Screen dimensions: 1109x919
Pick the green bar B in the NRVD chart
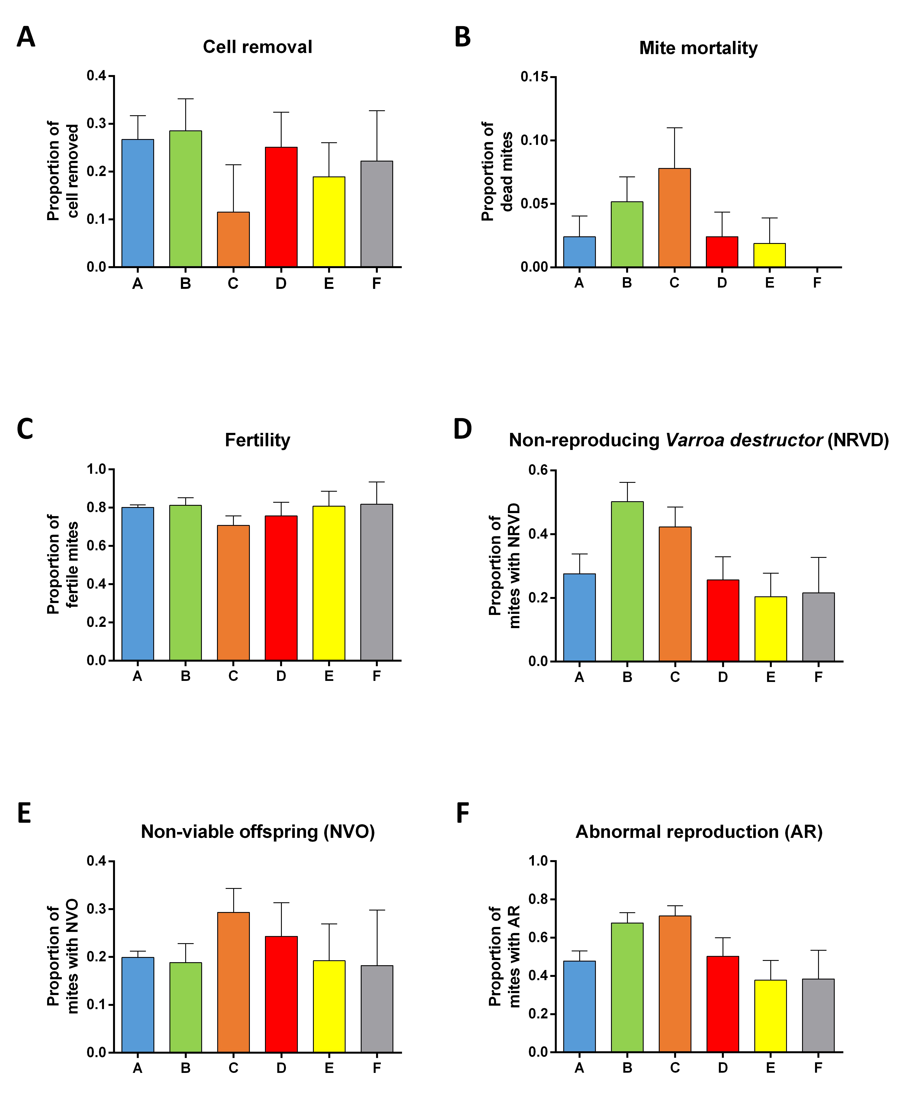[x=627, y=581]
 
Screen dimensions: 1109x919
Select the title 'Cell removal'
[x=258, y=47]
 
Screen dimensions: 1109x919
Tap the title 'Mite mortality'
[x=698, y=48]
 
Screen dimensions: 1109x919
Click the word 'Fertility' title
[x=258, y=440]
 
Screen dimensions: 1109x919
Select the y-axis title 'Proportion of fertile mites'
[x=62, y=564]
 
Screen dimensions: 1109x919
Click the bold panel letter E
[x=24, y=814]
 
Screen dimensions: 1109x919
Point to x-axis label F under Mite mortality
[x=817, y=283]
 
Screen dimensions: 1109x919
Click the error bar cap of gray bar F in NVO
[x=377, y=910]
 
